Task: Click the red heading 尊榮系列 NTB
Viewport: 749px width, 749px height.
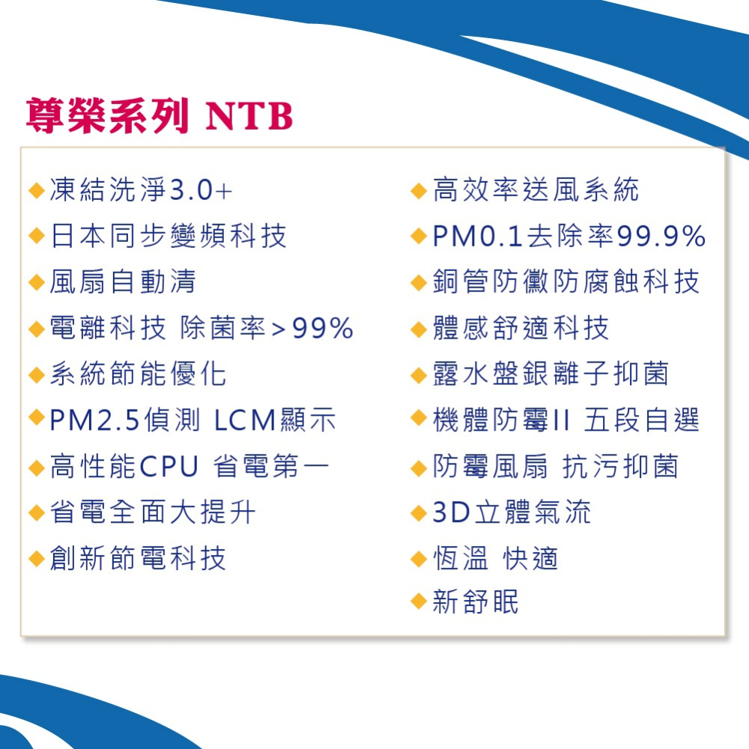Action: point(159,117)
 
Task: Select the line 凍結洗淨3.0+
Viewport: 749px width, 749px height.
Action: point(141,191)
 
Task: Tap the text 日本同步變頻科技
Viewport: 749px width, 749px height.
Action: point(168,237)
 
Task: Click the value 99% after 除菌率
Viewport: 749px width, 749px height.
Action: point(323,329)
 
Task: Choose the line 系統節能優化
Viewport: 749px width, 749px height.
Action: point(138,374)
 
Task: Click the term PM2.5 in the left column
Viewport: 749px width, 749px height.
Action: point(94,421)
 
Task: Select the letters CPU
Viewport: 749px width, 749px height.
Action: point(169,467)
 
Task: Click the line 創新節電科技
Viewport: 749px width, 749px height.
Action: point(138,559)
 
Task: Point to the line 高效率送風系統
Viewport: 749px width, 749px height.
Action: point(536,191)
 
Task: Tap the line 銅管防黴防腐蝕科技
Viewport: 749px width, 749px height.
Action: point(565,282)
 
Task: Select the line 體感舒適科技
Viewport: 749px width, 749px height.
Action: point(521,329)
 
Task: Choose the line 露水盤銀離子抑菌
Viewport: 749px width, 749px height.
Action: point(551,374)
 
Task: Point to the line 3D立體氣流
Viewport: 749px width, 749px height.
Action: point(512,513)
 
